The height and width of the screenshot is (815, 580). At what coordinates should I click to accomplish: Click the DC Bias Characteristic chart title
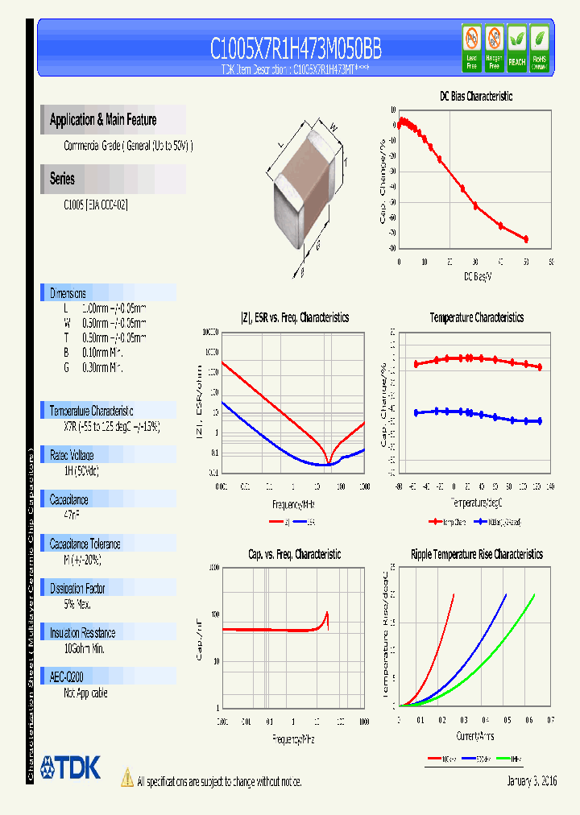point(476,97)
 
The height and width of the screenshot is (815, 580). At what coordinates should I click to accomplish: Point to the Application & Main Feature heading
point(103,120)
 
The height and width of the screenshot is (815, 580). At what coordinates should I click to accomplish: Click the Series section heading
point(62,179)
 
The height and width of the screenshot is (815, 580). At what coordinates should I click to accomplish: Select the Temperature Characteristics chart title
point(476,318)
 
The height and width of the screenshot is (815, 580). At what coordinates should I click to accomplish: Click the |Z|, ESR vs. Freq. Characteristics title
point(295,318)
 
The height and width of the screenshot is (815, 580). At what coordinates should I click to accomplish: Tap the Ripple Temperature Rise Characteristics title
point(476,555)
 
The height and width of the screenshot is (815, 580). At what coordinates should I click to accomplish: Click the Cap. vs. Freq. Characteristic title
point(294,555)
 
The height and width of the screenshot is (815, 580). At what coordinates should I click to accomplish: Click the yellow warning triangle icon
point(126,778)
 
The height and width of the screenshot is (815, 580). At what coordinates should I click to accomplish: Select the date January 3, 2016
point(532,781)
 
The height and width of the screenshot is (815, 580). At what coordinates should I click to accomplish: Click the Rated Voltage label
point(72,455)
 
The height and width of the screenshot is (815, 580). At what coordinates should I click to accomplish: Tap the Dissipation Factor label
point(78,589)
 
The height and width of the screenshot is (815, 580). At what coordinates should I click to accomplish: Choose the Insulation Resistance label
point(82,633)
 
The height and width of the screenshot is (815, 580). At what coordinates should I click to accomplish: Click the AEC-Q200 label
point(67,678)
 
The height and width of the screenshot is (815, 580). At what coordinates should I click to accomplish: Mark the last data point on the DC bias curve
point(526,239)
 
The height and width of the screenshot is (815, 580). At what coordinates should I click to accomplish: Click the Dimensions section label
point(68,294)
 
